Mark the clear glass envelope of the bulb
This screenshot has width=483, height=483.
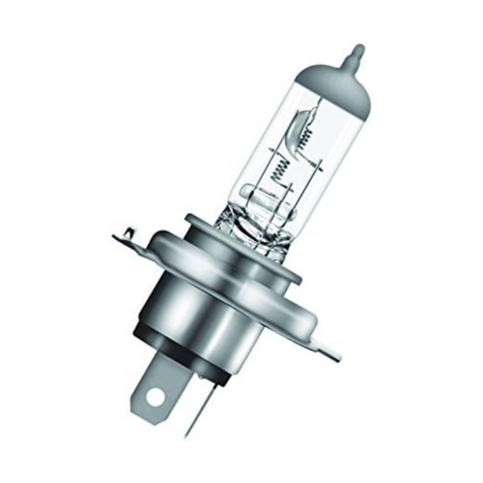pos(276,145)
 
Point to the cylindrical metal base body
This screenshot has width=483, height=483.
pos(207,310)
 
